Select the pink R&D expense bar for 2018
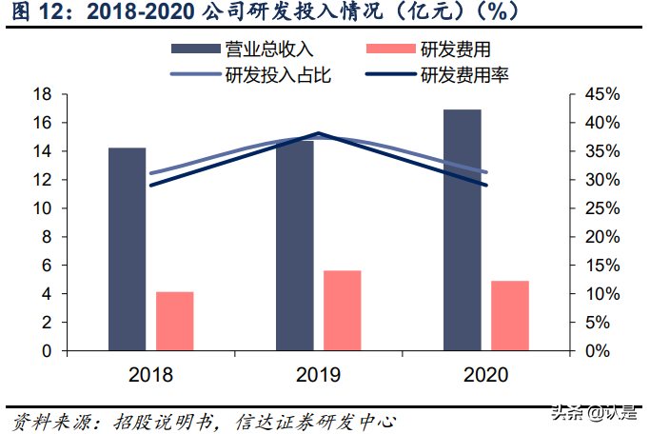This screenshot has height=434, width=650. (x=175, y=321)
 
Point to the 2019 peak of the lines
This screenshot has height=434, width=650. (x=319, y=134)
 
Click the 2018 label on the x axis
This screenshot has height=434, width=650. (x=150, y=375)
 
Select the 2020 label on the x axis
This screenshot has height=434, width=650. (x=485, y=375)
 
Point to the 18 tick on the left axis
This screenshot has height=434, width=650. (x=41, y=94)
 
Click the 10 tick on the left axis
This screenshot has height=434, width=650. (x=41, y=208)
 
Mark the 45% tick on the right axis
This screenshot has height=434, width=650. (x=601, y=94)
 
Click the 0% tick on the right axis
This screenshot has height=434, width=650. (x=597, y=351)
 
